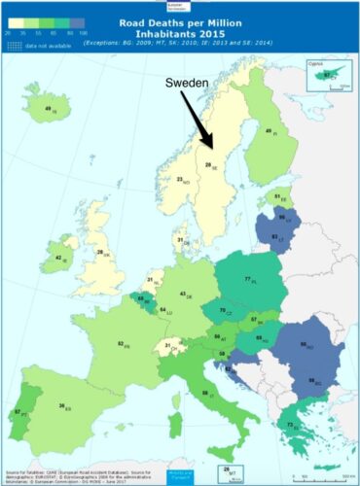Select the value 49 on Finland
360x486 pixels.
click(269, 131)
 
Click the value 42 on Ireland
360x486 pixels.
click(58, 258)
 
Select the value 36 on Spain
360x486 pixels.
click(61, 406)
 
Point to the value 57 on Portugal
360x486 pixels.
click(18, 412)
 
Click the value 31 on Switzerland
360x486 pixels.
click(167, 346)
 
